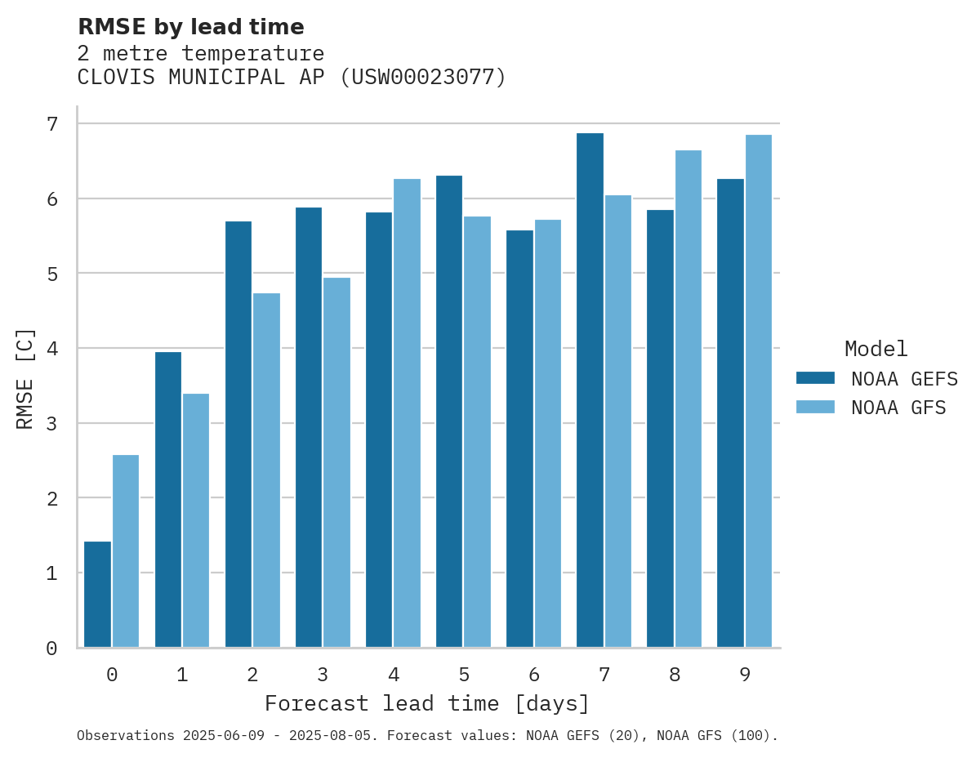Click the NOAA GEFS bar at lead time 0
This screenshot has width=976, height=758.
97,595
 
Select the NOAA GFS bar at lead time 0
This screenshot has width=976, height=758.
126,551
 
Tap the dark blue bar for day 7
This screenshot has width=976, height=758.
590,390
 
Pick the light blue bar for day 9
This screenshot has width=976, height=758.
759,391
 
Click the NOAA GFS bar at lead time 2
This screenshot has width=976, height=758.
266,470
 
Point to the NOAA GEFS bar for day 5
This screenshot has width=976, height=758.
449,412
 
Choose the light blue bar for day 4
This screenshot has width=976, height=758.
407,413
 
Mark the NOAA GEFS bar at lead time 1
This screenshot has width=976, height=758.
168,500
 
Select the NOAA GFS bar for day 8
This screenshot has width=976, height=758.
689,399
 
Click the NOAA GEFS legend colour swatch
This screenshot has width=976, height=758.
815,378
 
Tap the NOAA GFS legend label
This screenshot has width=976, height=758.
898,408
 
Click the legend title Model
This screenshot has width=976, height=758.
876,350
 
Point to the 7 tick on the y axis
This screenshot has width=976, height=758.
52,124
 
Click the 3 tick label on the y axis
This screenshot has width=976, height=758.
52,424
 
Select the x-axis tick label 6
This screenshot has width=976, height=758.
534,675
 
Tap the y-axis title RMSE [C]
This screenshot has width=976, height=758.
25,378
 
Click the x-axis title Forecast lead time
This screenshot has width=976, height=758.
426,704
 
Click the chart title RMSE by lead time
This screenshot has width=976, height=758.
191,27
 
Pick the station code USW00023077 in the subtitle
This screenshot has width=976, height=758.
421,78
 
